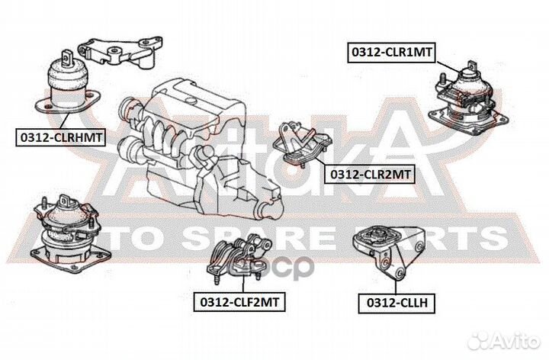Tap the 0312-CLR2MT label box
(370, 175)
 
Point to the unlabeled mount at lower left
(65, 230)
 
